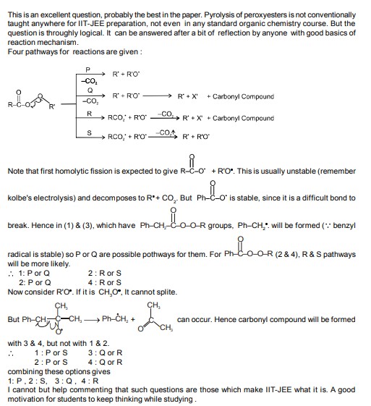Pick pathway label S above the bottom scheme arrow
pyautogui.click(x=88, y=132)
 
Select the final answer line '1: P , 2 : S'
pyautogui.click(x=37, y=379)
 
